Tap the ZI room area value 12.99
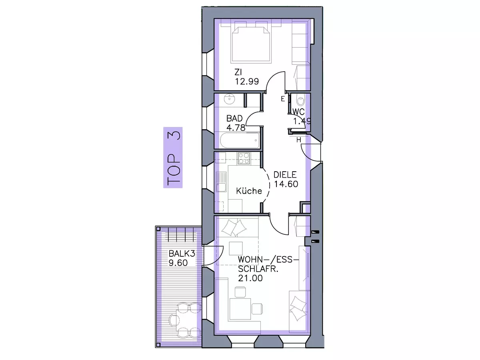click(247, 81)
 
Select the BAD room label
click(235, 118)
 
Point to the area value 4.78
click(236, 128)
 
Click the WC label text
click(299, 112)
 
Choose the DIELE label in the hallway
click(285, 175)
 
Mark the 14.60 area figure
click(286, 184)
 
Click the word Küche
click(249, 191)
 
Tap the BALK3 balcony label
click(182, 254)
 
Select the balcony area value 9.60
click(178, 263)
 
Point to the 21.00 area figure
click(250, 278)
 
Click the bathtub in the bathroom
click(240, 140)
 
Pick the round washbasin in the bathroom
click(229, 100)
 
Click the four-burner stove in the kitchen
click(244, 158)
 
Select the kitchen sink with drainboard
click(221, 182)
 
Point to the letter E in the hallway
click(283, 99)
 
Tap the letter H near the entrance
click(299, 140)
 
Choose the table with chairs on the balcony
click(186, 320)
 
